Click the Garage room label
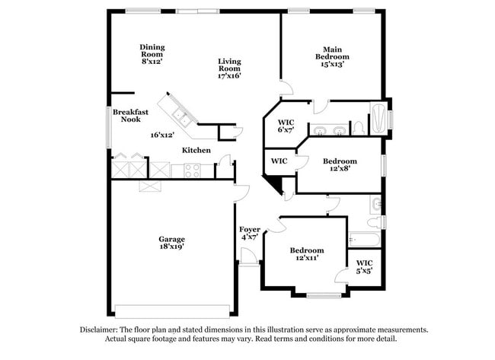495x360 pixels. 172,243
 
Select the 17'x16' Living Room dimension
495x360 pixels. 229,75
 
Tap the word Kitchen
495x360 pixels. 196,150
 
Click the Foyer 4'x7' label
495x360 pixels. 250,233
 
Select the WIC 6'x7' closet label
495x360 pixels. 286,126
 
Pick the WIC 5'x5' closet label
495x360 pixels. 365,266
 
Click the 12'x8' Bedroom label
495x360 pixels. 340,164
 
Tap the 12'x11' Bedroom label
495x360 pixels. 307,253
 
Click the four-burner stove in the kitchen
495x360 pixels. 192,170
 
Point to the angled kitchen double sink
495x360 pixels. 181,116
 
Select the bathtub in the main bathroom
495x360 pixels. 378,119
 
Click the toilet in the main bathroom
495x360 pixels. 359,128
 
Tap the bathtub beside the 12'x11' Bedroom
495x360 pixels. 364,240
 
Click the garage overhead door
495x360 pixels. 172,311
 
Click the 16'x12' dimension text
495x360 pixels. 162,135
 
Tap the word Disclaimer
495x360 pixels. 99,330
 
